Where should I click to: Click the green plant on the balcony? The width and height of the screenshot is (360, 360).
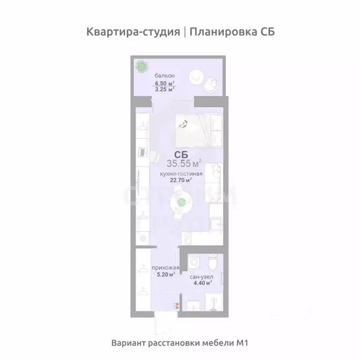pos(141,67)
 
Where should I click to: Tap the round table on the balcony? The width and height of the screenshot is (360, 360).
pos(196,75)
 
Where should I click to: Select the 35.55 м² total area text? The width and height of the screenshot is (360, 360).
pos(184,164)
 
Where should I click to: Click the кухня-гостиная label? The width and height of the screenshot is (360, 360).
pos(181,173)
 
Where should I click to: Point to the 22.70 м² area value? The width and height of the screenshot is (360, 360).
pos(182,180)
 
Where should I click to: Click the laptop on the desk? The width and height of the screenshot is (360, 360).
pos(142,152)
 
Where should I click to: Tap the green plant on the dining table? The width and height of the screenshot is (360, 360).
pos(180,202)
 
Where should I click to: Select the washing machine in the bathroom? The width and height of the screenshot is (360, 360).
pos(193,262)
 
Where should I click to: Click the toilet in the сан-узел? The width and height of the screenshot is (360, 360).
pos(212,264)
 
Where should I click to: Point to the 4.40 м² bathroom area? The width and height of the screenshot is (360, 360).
pos(201,282)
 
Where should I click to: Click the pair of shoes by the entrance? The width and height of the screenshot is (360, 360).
pos(176,306)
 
